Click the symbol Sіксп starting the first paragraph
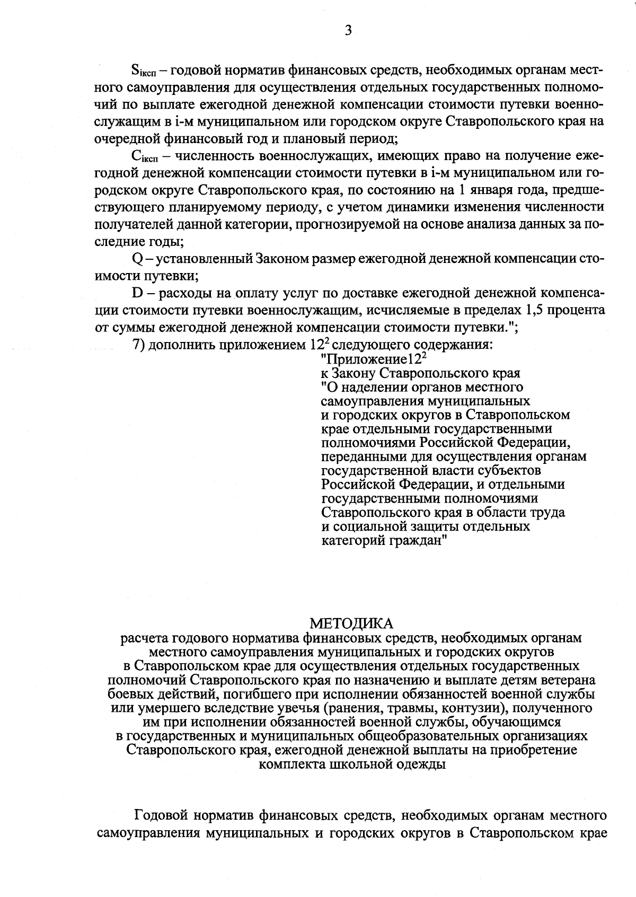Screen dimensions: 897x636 (x=142, y=71)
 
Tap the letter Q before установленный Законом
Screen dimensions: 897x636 (x=135, y=259)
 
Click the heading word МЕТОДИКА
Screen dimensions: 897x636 (x=352, y=622)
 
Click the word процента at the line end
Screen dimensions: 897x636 (x=577, y=310)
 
